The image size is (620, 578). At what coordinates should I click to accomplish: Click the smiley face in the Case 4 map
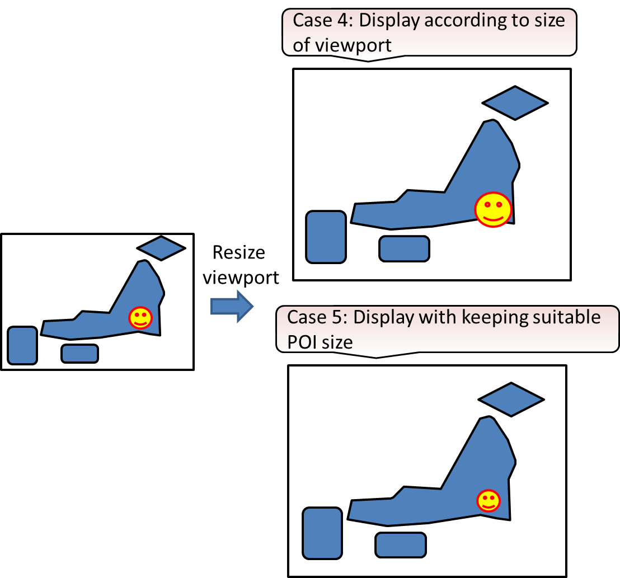[493, 209]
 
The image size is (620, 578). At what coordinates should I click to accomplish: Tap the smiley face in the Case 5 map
[489, 501]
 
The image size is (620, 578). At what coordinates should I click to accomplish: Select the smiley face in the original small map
[140, 318]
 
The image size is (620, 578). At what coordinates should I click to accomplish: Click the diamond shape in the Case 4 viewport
[515, 103]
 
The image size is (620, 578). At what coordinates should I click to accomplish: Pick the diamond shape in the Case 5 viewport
[511, 400]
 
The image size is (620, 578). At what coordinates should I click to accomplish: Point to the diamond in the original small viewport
[161, 248]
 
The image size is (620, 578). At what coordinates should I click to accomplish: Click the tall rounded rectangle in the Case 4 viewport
[326, 237]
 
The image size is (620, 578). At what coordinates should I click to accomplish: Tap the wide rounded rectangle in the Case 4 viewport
[404, 249]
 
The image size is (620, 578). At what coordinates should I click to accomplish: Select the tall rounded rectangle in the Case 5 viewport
[322, 533]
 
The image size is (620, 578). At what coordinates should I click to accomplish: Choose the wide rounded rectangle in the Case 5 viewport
[401, 545]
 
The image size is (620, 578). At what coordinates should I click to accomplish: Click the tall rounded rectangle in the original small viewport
[22, 345]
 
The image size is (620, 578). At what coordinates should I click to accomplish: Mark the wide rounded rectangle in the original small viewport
[80, 354]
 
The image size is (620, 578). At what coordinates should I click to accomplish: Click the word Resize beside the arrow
[239, 253]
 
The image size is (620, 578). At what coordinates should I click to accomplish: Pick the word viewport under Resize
[241, 278]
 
